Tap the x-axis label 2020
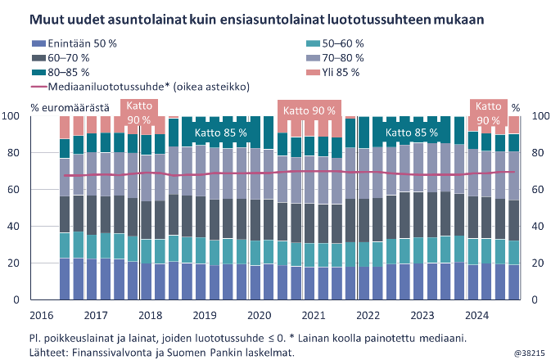pos(260,315)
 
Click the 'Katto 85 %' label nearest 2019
pos(208,132)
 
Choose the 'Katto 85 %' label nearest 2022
pos(412,132)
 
